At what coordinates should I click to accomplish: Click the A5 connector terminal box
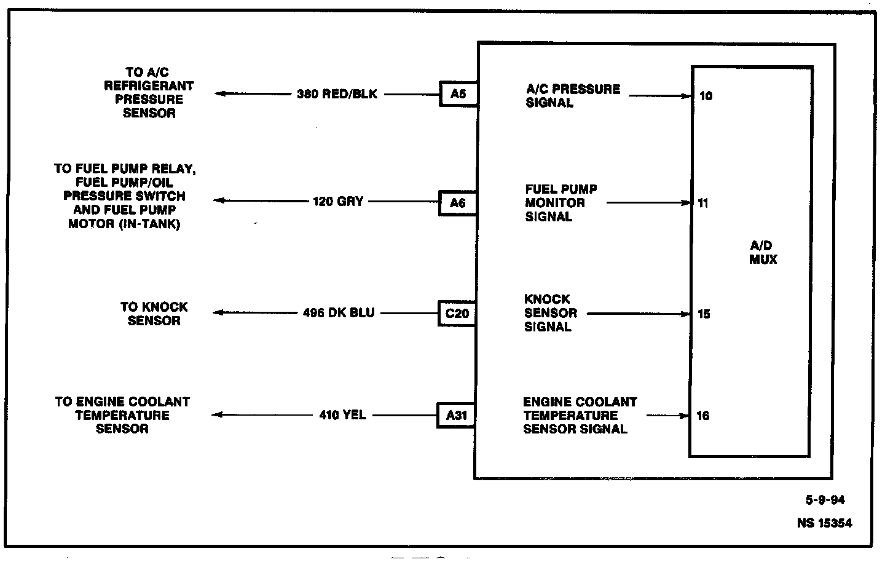(458, 94)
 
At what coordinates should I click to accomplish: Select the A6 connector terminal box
(458, 202)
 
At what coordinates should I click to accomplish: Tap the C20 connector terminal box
(457, 313)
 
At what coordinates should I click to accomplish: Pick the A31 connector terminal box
(456, 415)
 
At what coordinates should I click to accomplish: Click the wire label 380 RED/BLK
(337, 94)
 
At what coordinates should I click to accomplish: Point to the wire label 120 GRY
(338, 201)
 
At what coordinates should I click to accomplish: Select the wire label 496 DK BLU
(339, 312)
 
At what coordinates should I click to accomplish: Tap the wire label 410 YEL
(342, 415)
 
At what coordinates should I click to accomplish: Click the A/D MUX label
(763, 253)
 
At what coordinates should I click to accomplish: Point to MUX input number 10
(706, 96)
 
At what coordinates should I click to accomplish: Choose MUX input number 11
(703, 204)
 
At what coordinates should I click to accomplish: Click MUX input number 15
(704, 314)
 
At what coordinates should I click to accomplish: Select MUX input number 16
(703, 416)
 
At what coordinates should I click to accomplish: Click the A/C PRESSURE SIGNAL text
(573, 95)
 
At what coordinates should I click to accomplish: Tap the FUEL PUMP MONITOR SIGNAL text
(560, 202)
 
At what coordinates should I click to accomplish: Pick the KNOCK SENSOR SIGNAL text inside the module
(550, 313)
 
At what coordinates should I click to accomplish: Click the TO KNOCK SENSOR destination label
(154, 314)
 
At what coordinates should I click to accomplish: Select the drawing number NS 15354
(824, 523)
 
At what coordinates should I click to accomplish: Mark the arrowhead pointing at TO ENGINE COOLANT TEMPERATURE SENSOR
(217, 415)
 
